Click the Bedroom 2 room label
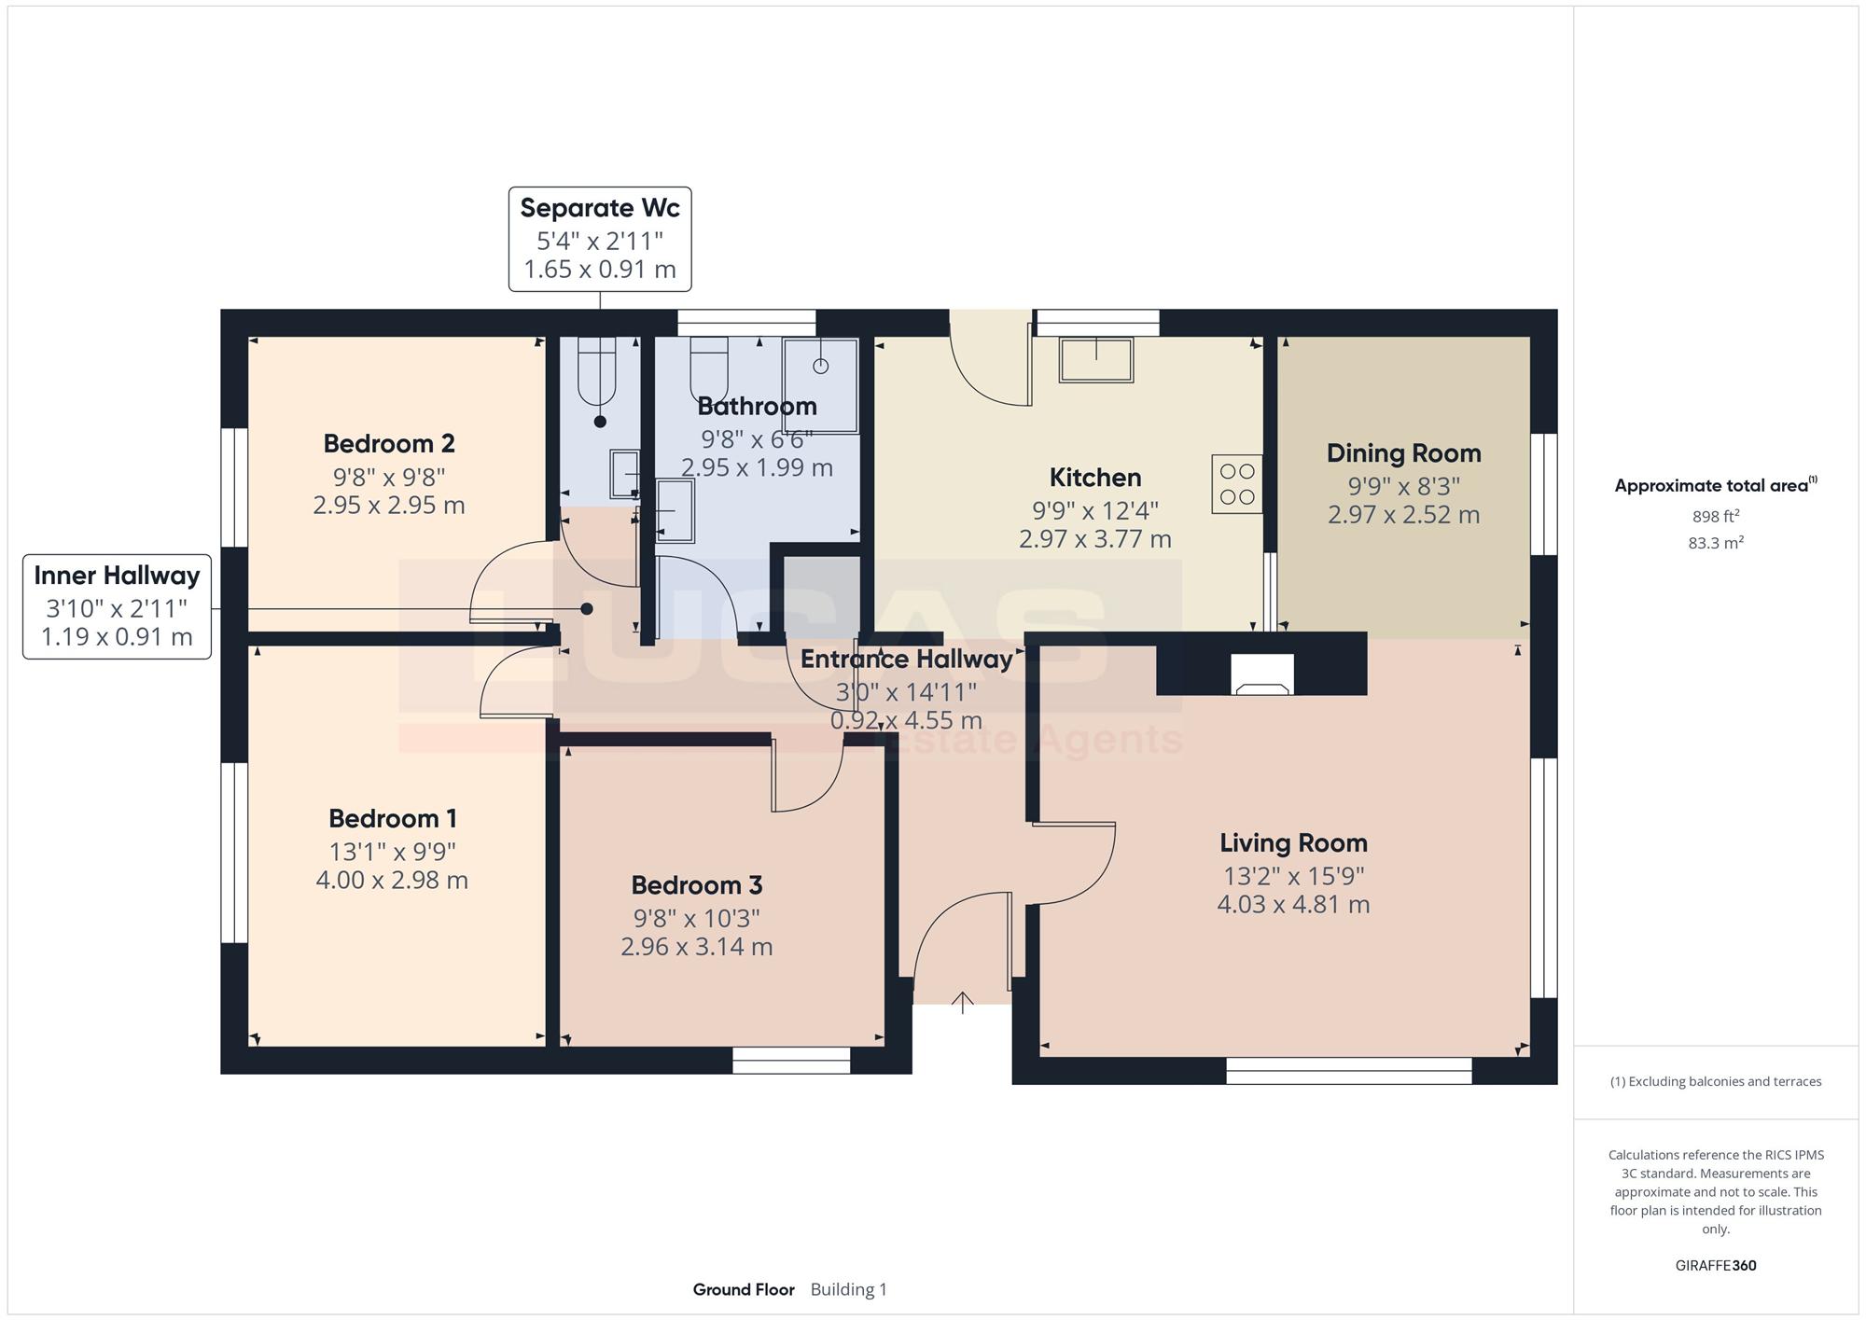point(389,443)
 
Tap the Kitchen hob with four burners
point(1237,484)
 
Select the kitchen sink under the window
point(1096,359)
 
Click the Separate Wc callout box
point(600,239)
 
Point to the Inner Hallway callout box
point(117,606)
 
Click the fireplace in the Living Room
point(1262,674)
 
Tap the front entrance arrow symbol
point(962,1003)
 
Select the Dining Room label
point(1404,453)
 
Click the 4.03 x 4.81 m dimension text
point(1293,904)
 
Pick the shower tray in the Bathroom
point(820,385)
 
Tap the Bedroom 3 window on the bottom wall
point(791,1060)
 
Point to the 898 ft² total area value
point(1716,516)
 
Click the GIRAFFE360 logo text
point(1716,1266)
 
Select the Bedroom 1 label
point(393,818)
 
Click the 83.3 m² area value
point(1716,542)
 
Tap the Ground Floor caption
point(744,1289)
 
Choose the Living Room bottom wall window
point(1349,1071)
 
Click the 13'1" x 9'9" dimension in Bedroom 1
point(393,852)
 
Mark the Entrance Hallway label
point(907,660)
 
